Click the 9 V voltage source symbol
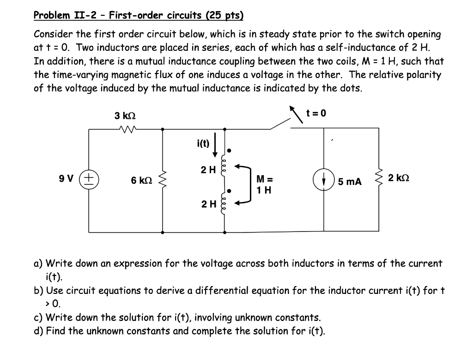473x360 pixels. (89, 179)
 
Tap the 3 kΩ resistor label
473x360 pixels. (125, 116)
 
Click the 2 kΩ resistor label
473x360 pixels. (399, 178)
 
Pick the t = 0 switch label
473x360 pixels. (316, 113)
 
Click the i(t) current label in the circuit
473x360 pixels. (203, 143)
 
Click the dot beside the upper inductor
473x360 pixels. (230, 150)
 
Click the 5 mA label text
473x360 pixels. (350, 182)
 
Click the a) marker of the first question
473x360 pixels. (38, 263)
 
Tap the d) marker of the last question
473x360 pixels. (38, 331)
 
